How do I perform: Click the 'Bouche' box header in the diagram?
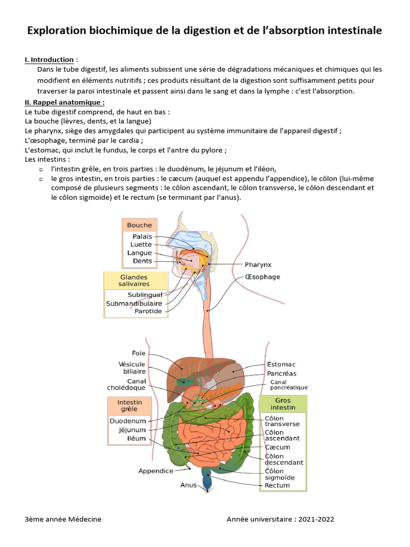coord(139,225)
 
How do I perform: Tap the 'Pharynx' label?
coord(258,264)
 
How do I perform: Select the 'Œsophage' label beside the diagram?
coord(262,277)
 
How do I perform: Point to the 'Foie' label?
coord(138,353)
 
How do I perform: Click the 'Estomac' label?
coord(281,364)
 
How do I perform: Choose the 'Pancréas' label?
coord(281,373)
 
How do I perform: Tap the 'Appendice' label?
coord(156,471)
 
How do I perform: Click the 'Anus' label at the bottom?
coord(188,485)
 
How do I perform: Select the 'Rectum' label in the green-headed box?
coord(277,485)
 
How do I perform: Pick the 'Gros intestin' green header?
coord(283,404)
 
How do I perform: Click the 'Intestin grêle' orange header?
coord(130,405)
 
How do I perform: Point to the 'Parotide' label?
coord(148,311)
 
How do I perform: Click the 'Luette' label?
coord(141,245)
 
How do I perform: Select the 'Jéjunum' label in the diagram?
coord(132,429)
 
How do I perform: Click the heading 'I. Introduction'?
coord(49,59)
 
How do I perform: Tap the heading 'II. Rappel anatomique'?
coord(65,102)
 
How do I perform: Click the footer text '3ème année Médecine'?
coord(63,519)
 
